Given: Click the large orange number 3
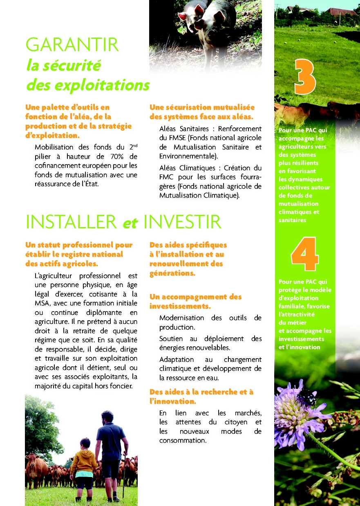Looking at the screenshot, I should pos(304,77).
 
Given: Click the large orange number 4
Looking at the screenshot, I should pos(304,254).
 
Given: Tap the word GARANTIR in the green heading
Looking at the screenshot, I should pos(72,45).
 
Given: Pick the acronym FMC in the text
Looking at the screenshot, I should pos(167,178).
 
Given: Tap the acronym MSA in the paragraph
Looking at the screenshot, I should pos(42,304).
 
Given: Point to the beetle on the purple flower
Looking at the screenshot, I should pos(307,396).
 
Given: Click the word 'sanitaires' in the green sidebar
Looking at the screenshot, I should pos(292,220).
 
